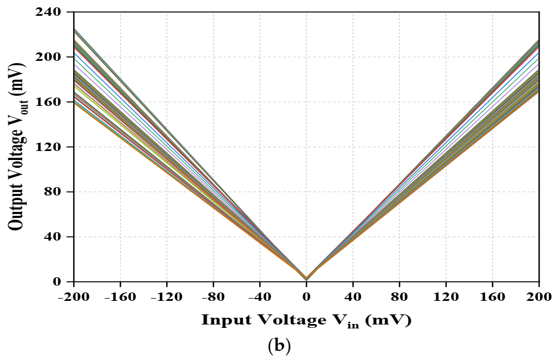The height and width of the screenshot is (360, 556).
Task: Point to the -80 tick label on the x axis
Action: [213, 296]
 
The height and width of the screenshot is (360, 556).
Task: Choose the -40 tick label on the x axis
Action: [259, 296]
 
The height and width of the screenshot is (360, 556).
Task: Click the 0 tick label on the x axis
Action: [306, 296]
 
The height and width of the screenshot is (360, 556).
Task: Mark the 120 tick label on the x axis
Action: [446, 296]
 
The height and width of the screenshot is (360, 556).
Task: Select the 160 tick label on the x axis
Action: [493, 296]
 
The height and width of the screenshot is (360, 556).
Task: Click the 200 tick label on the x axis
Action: [539, 296]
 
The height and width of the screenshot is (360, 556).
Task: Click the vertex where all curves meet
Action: [306, 279]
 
